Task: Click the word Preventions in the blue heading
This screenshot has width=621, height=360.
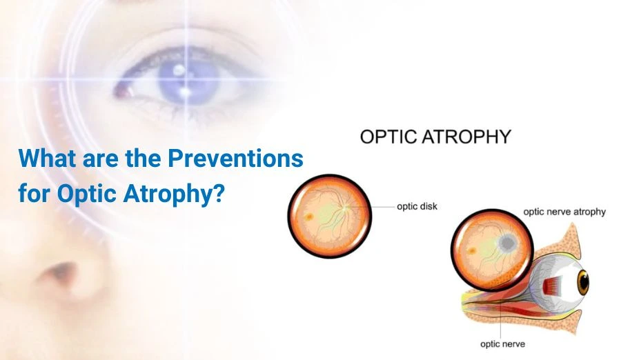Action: click(x=236, y=158)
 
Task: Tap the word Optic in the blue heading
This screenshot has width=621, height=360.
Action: click(x=87, y=193)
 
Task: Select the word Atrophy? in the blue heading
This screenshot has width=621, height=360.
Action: click(x=174, y=194)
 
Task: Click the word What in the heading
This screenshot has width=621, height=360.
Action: click(x=47, y=158)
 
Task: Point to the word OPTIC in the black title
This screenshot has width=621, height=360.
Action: click(x=388, y=137)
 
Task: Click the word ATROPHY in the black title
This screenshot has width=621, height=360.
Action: click(x=466, y=137)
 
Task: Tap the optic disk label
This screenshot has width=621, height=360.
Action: click(x=417, y=206)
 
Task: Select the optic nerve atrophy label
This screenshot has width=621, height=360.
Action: click(x=564, y=212)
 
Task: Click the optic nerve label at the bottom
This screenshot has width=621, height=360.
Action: click(x=502, y=343)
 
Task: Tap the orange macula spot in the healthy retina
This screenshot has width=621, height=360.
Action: click(x=308, y=217)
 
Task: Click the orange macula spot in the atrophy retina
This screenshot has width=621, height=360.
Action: click(x=472, y=251)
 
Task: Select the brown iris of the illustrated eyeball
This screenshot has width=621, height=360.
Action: click(x=583, y=282)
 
